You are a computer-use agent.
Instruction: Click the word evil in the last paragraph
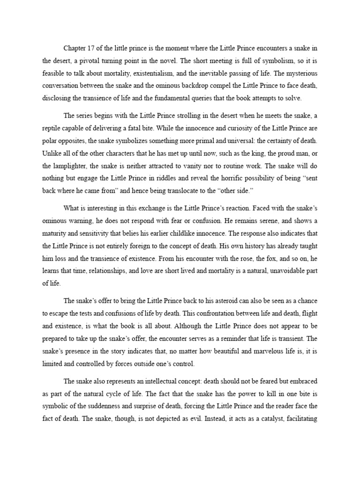pyautogui.click(x=195, y=419)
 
